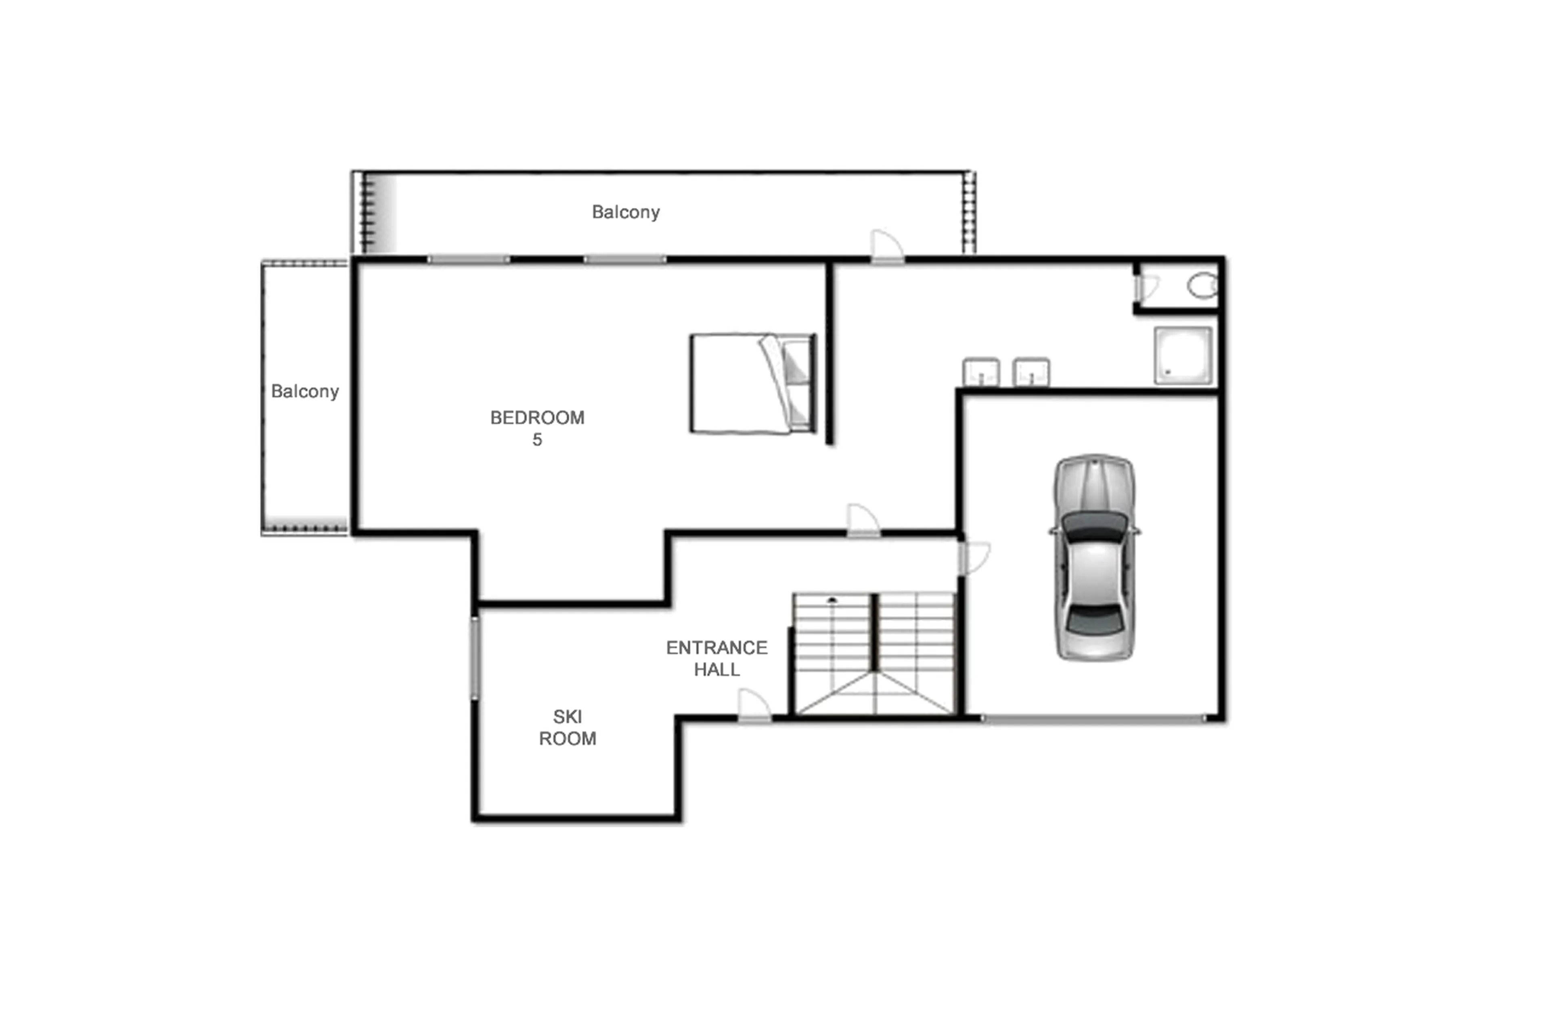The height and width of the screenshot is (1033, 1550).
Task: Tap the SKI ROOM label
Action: (567, 727)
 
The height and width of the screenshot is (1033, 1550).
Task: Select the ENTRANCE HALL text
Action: (717, 658)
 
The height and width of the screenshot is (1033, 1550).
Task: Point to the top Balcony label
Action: (625, 212)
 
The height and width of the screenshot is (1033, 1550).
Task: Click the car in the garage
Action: (1094, 557)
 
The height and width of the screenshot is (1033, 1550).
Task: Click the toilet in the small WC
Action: (1202, 286)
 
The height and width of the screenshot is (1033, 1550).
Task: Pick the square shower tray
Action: (1182, 355)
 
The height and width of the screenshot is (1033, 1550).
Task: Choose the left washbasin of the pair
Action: (981, 372)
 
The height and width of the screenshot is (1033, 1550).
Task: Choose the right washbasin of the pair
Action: (1031, 372)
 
